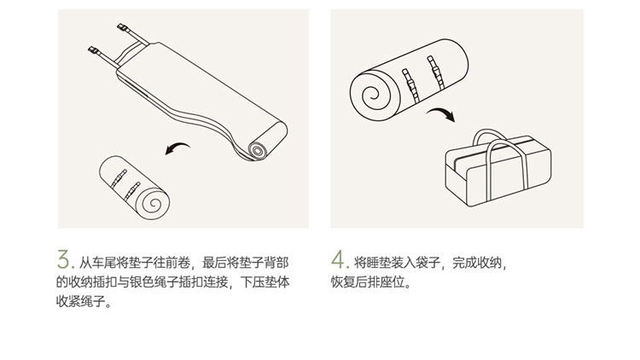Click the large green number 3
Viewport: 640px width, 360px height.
tap(63, 259)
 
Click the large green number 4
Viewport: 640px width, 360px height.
tap(339, 259)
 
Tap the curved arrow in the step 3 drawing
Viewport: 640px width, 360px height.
tap(177, 147)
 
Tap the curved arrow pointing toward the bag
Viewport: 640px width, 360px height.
tap(442, 113)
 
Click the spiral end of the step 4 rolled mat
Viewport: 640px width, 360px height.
tap(371, 95)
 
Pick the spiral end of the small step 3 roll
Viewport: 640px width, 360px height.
tap(154, 203)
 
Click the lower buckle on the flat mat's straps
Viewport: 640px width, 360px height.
tap(94, 51)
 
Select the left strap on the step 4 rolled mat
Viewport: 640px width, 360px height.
tap(410, 85)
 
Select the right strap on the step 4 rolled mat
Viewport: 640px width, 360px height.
tap(435, 73)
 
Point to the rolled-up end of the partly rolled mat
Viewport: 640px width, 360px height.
tap(258, 150)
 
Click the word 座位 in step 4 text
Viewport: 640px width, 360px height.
tap(393, 282)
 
